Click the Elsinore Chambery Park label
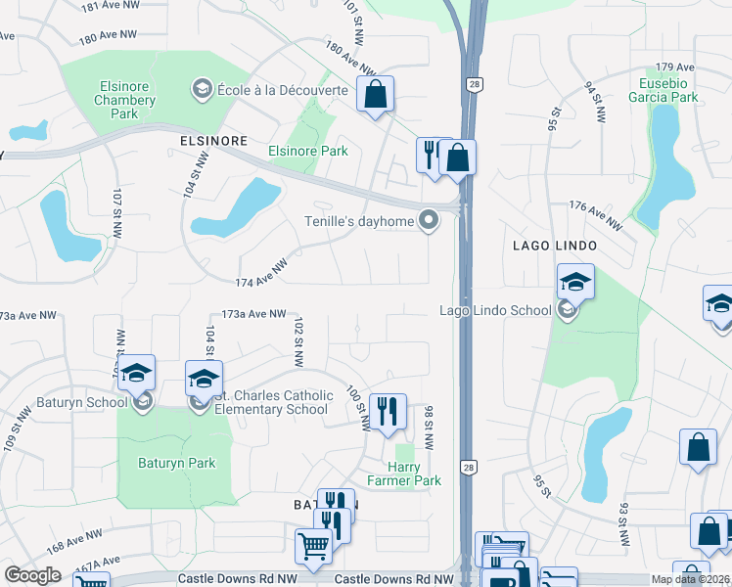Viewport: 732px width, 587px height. pos(124,100)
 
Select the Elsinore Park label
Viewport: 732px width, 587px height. pos(308,152)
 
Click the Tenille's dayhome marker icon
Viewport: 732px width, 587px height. pos(428,220)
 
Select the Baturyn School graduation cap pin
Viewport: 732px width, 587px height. pos(137,373)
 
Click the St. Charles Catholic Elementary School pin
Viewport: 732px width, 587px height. pos(204,379)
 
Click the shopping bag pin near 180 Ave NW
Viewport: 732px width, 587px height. pos(374,95)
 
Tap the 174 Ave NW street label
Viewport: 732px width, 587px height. pos(261,275)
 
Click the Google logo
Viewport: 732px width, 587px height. pos(32,575)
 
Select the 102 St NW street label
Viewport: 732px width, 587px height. pos(297,337)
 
